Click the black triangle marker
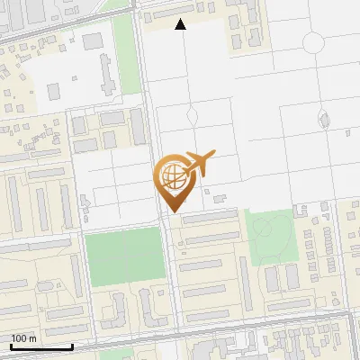(x=181, y=24)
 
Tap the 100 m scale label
(x=23, y=337)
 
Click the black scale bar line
(x=41, y=346)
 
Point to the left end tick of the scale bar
(x=11, y=345)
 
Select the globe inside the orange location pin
(x=170, y=175)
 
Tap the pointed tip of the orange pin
(x=171, y=211)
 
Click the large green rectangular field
(x=123, y=256)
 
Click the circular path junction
(x=313, y=42)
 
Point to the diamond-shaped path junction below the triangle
(x=191, y=116)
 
